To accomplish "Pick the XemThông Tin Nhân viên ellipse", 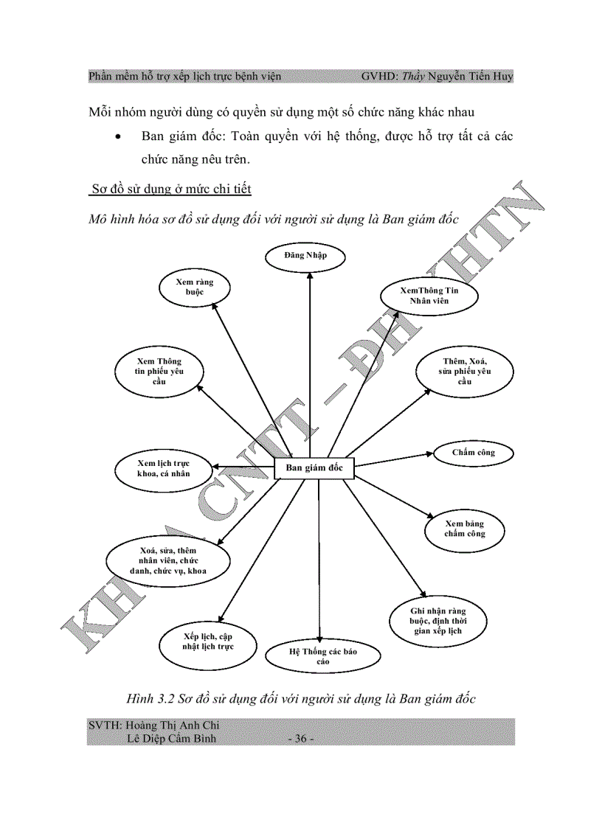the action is [x=429, y=296].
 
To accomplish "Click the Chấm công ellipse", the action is [x=474, y=453].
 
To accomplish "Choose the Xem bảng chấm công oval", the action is [x=465, y=529].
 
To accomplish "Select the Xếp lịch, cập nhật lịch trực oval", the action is [x=208, y=641].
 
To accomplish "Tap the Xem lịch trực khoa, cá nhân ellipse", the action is [x=163, y=468].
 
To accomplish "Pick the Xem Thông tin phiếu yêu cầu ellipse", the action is [x=159, y=372].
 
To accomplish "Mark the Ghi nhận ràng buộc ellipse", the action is [x=437, y=622].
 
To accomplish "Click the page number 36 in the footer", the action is [x=300, y=739].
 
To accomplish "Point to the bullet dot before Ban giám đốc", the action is [x=118, y=137].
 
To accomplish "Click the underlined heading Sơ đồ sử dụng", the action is [x=170, y=189].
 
